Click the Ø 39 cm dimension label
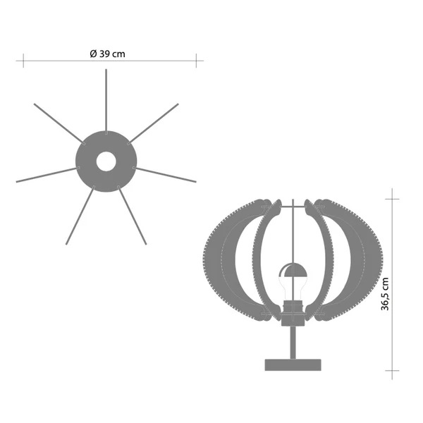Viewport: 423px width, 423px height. (107, 54)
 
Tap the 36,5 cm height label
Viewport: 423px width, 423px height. (385, 294)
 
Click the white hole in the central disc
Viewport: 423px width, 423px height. (106, 161)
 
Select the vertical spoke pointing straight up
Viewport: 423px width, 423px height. (106, 102)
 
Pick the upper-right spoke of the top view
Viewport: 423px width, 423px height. (153, 123)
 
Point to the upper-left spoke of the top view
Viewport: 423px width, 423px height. (59, 123)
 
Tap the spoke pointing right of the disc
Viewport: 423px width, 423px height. (164, 175)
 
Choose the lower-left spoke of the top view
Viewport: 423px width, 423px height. (80, 215)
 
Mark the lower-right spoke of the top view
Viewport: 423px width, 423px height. (132, 215)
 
